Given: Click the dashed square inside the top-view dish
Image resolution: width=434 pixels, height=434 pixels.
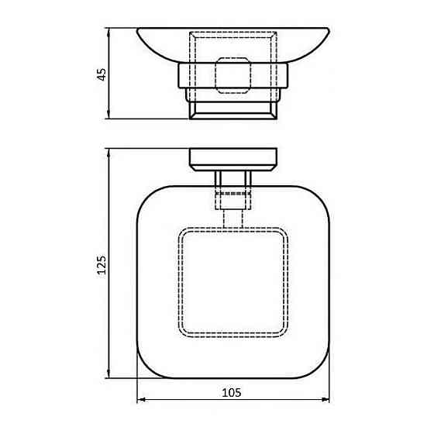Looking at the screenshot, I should (233, 282).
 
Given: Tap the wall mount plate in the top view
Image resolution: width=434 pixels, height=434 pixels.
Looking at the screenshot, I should (233, 159).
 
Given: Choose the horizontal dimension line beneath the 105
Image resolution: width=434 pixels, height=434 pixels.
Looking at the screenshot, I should (186, 422).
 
